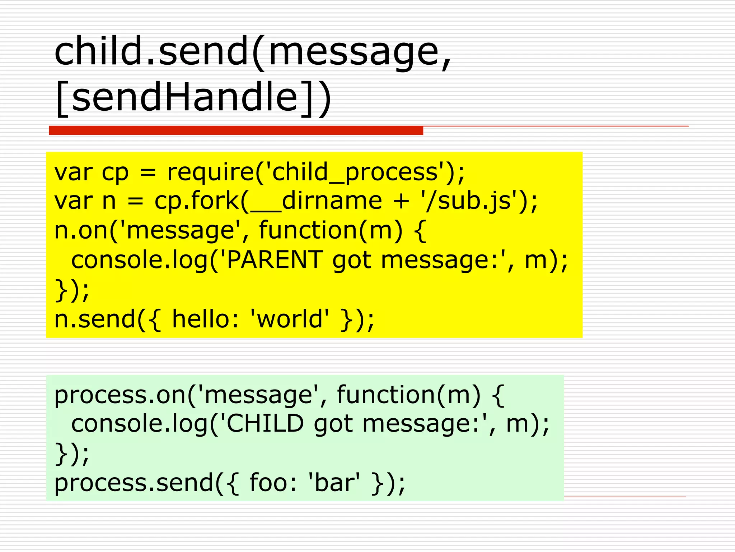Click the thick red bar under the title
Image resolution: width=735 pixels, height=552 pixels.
[x=236, y=130]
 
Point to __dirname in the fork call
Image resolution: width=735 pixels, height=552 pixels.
[x=316, y=201]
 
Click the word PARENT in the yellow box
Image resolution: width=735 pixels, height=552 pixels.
[x=275, y=260]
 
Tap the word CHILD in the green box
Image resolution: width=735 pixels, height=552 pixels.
[x=265, y=424]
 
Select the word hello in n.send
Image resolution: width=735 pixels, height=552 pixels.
[x=201, y=319]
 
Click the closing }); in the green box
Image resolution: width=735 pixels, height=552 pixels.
[x=72, y=454]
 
